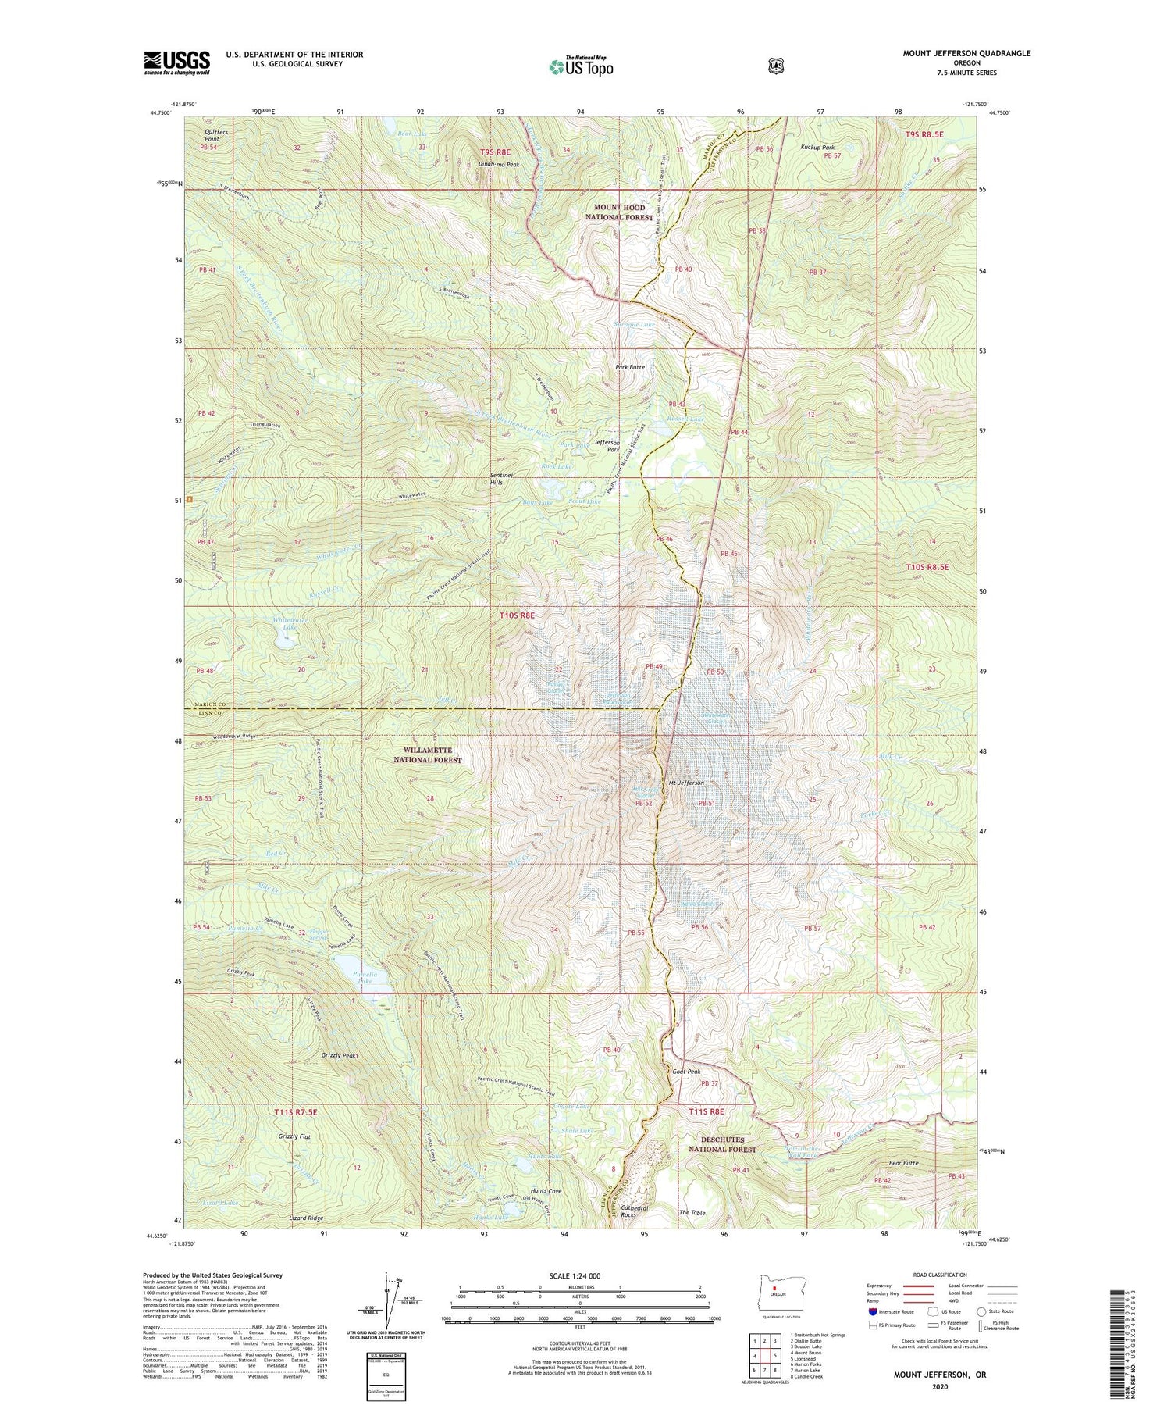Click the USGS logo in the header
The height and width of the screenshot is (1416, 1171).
click(176, 62)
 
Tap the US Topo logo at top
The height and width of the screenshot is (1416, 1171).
click(581, 66)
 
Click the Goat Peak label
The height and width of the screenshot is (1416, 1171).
click(686, 1072)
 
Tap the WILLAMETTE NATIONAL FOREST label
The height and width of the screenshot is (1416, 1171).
click(428, 754)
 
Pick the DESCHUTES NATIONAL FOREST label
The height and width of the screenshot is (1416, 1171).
click(722, 1144)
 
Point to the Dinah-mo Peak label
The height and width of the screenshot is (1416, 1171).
click(500, 165)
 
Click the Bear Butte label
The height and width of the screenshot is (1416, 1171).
click(903, 1163)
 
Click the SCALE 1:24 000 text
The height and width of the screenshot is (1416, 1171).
click(579, 1275)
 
